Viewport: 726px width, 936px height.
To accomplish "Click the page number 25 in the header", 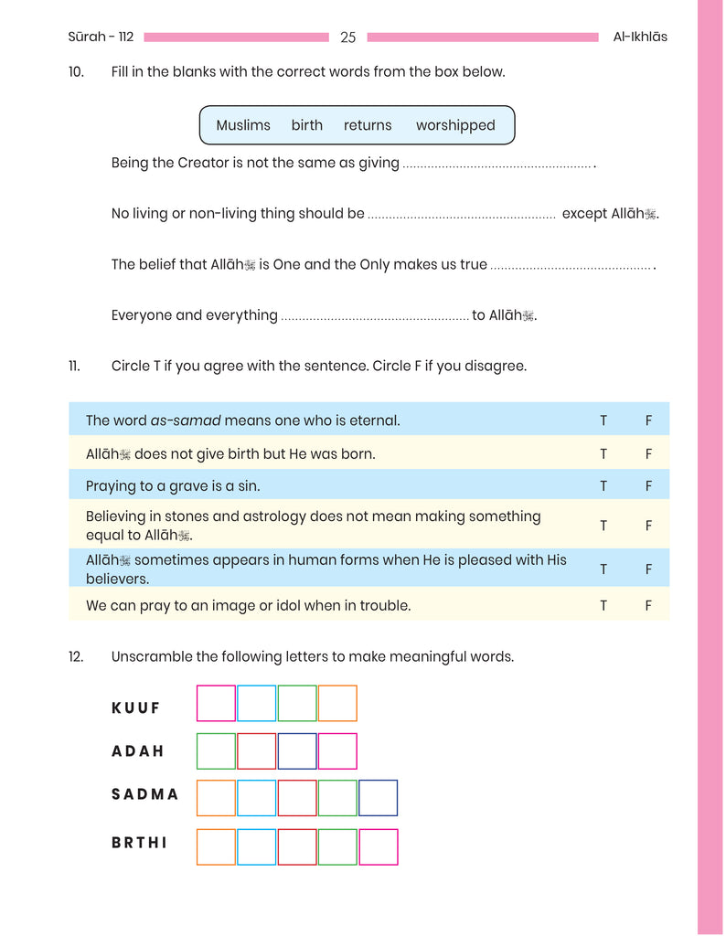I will pos(347,37).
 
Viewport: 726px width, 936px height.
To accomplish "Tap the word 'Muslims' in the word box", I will pos(243,125).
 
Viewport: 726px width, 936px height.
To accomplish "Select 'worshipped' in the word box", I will pos(455,125).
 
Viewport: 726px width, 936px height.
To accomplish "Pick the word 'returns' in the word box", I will pos(368,125).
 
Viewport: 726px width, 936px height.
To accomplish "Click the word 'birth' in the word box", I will pos(307,125).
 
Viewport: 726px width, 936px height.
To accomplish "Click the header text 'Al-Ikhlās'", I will pos(640,37).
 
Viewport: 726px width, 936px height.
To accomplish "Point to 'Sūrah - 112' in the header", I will pos(101,37).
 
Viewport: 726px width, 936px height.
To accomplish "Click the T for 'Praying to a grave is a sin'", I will pos(603,486).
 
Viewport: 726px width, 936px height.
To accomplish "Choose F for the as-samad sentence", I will pos(648,420).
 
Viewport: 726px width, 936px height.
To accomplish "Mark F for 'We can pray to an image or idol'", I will pos(648,605).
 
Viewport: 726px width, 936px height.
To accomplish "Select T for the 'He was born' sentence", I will pos(603,453).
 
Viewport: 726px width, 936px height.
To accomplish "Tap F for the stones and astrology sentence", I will pos(648,526).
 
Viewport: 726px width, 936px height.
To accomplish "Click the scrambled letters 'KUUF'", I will pos(135,707).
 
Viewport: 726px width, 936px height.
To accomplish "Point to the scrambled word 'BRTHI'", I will pos(140,843).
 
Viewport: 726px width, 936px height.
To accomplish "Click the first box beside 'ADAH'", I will pos(216,750).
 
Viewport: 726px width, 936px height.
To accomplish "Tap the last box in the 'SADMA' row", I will pos(379,798).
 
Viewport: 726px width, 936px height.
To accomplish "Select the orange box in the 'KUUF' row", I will pos(337,703).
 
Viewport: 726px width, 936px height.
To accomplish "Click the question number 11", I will pos(74,366).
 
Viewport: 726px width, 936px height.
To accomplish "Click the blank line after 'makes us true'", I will pos(571,265).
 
